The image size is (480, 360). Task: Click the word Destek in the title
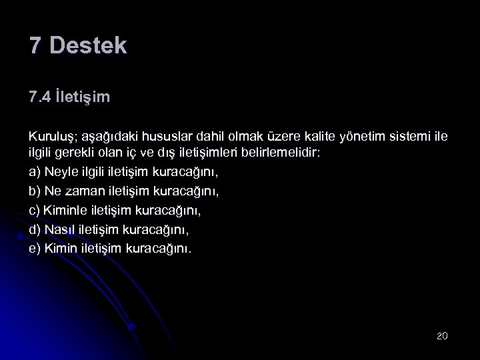(x=88, y=46)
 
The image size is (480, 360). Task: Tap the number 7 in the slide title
(x=36, y=46)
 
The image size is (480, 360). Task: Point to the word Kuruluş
(x=51, y=137)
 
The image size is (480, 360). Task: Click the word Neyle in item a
(x=61, y=172)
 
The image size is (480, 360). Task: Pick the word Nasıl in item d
(x=59, y=230)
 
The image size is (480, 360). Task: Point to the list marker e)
(x=35, y=249)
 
